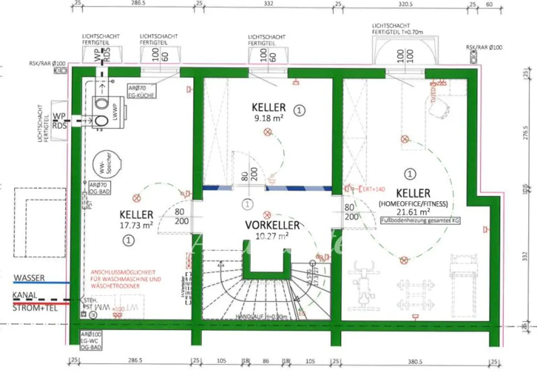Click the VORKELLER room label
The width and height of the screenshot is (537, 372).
coord(272,225)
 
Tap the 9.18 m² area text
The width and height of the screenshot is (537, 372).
coord(268,118)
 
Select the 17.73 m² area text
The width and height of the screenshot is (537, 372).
coord(136,225)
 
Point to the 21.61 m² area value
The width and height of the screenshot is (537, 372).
coord(413,212)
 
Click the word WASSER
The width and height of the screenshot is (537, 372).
coord(29,278)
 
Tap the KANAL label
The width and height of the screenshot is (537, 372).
coord(24,295)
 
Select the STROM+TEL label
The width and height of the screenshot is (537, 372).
coord(35,308)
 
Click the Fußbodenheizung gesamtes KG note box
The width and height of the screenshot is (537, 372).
coord(420,221)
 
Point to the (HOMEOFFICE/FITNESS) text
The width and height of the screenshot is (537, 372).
coord(413,204)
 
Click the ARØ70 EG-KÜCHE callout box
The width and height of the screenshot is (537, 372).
coord(141,92)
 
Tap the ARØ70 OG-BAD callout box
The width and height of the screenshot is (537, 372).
coord(100,188)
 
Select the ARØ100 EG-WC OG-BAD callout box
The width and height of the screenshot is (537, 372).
coord(91,341)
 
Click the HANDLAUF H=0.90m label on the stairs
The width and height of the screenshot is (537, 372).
coord(261,317)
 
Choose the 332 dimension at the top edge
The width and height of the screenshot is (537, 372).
coord(268,3)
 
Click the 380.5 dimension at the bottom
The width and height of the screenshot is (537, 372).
coord(415,362)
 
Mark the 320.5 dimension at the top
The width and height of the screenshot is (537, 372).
coord(406,4)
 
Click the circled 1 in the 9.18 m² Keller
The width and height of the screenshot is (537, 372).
coord(299,111)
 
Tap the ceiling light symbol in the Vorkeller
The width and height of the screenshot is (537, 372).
coord(267,215)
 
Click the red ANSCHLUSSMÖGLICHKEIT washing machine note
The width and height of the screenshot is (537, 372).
coord(126,279)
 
